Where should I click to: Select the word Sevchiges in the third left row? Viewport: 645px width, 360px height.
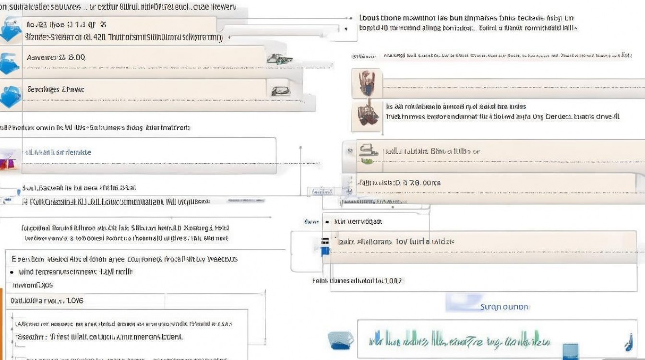(x=42, y=89)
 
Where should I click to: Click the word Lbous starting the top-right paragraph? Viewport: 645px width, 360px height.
(x=369, y=18)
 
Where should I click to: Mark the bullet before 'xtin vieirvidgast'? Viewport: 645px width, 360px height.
(x=327, y=222)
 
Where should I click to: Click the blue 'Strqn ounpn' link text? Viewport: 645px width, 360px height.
(x=504, y=307)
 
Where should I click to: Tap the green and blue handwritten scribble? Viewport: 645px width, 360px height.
(x=458, y=340)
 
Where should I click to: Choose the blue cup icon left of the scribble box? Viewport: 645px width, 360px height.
(x=340, y=340)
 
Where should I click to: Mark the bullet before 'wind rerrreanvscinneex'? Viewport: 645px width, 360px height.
(x=12, y=272)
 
